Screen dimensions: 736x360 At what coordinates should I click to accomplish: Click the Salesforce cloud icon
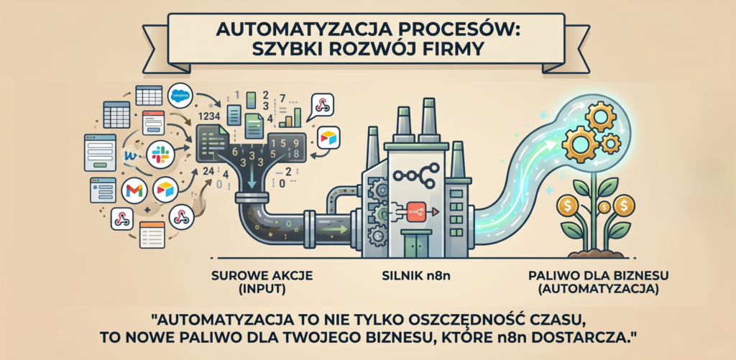tap(180, 96)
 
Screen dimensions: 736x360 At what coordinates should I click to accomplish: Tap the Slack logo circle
tap(160, 154)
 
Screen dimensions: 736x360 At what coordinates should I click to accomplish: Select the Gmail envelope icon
tap(134, 191)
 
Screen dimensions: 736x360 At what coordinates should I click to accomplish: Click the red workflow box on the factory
tap(415, 212)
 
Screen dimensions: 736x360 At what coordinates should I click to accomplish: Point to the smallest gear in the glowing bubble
tap(611, 143)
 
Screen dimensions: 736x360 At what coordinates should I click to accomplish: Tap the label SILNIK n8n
tap(415, 276)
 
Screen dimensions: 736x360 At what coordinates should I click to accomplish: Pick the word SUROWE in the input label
tap(232, 276)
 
